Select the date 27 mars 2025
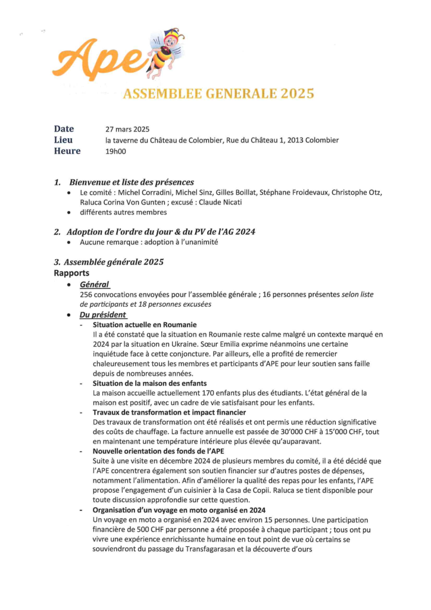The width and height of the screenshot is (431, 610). [x=127, y=129]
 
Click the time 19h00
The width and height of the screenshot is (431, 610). [x=115, y=152]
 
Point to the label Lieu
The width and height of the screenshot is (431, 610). [x=63, y=140]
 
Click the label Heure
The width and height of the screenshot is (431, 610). [x=67, y=151]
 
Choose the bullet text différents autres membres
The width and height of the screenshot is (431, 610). [x=123, y=212]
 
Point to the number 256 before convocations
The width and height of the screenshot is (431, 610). [x=87, y=294]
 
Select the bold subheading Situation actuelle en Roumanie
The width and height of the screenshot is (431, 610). [x=144, y=325]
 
